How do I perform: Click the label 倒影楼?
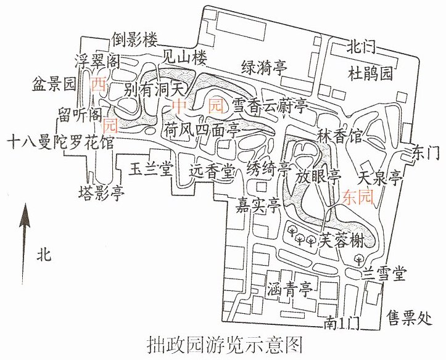134,39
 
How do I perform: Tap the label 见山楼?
184,58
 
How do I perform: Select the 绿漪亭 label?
264,68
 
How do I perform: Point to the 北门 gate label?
361,47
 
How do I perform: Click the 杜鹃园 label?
370,73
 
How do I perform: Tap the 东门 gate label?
426,154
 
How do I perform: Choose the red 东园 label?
358,197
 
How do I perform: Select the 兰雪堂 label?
384,274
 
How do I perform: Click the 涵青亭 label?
290,290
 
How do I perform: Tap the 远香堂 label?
212,170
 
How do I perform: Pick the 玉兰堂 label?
151,170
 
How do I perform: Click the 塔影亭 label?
102,194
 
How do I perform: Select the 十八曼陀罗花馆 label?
60,142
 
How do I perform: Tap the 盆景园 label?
54,84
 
